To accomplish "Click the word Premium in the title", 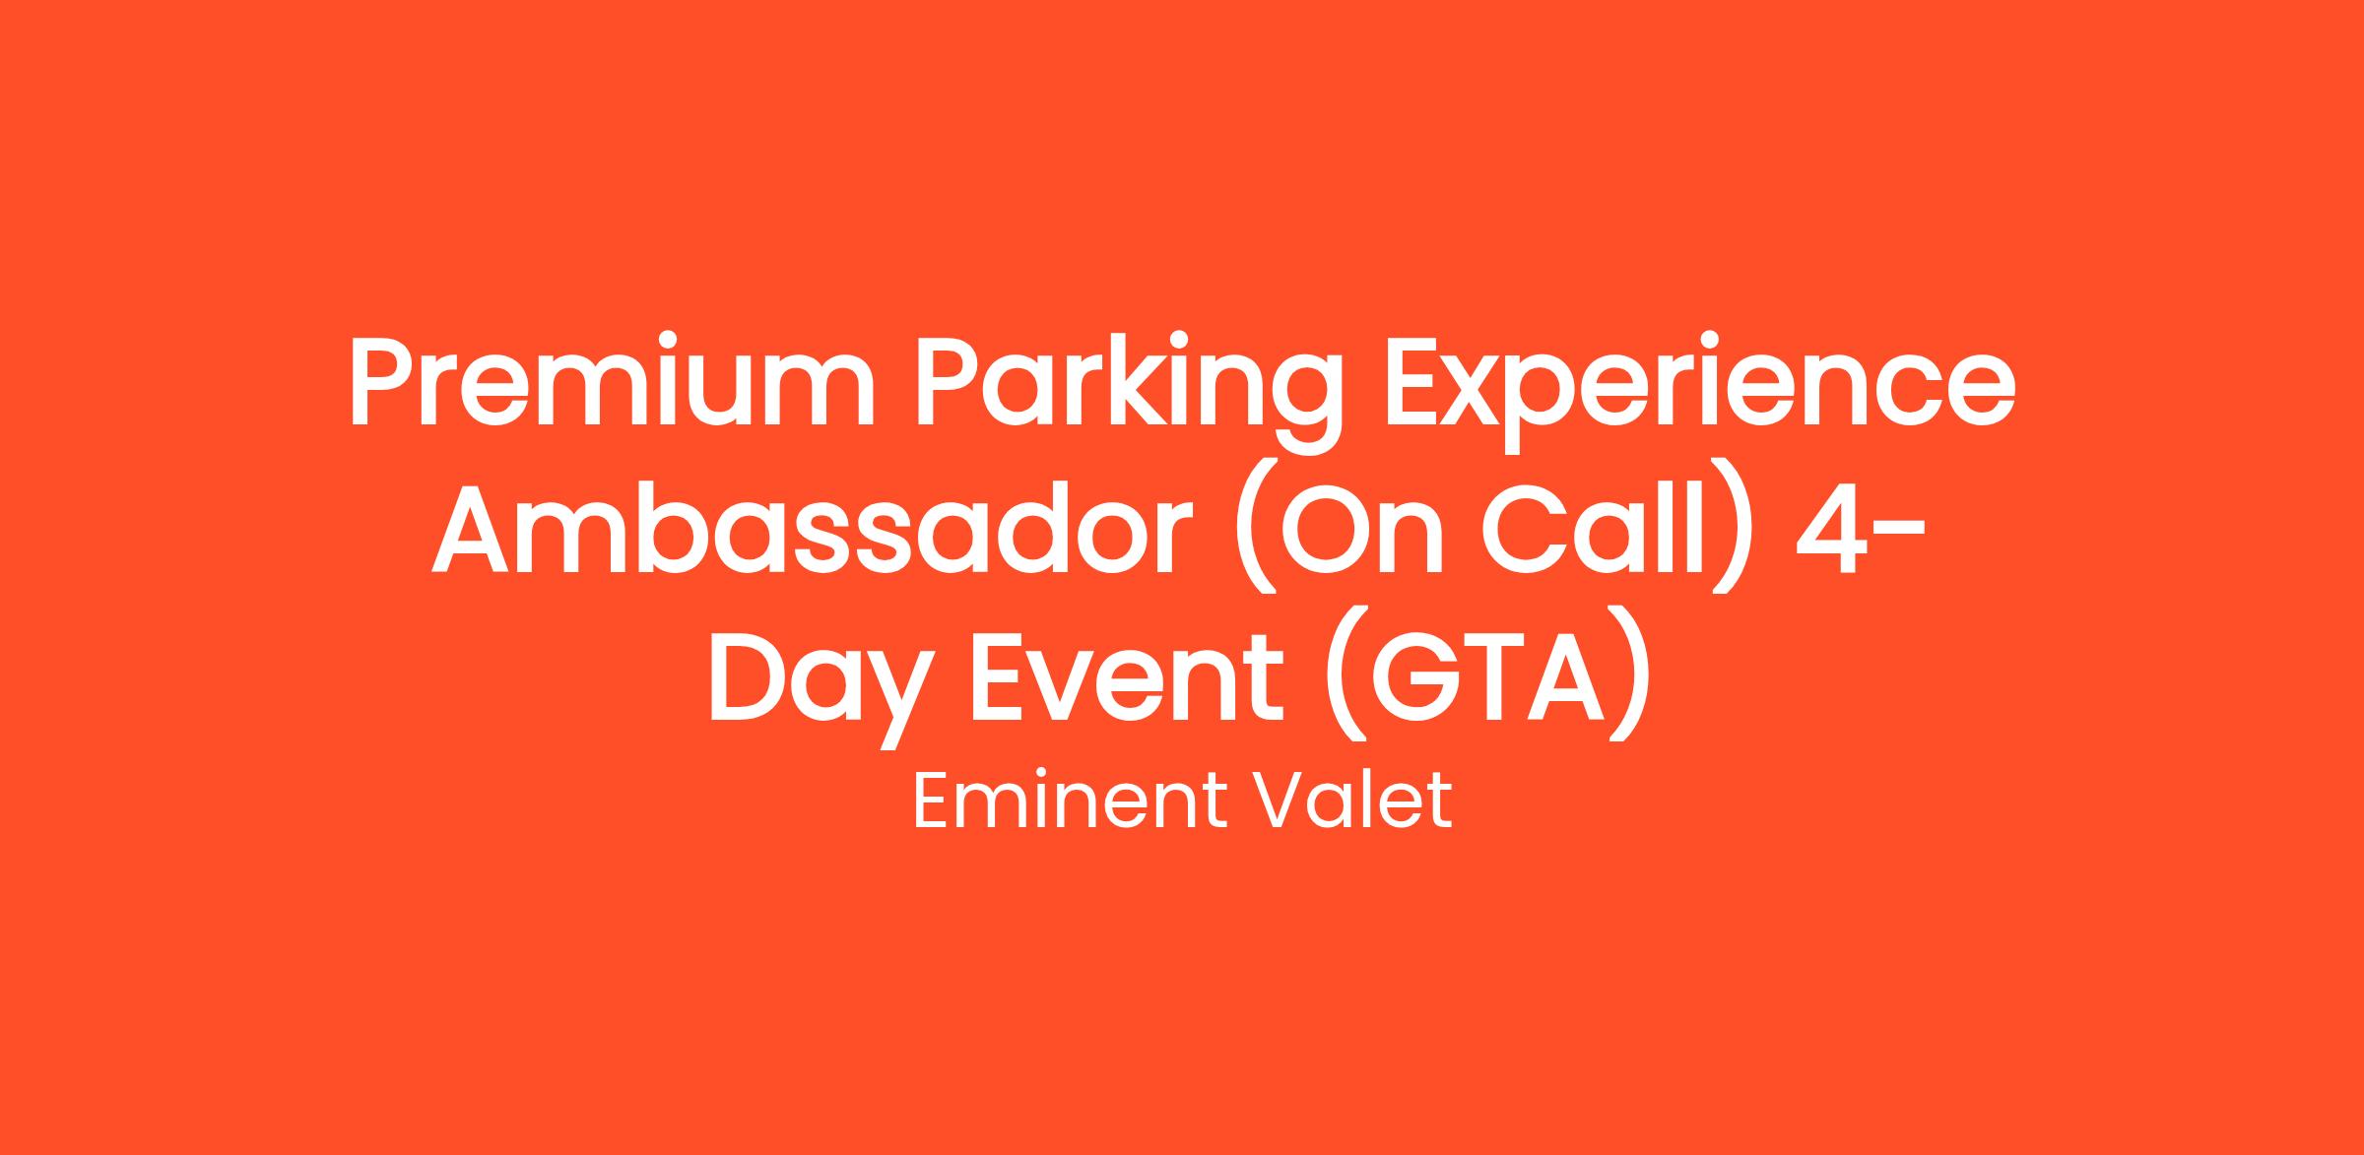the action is point(612,383).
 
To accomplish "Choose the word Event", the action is point(1128,675).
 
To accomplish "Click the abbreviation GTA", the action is point(1487,675).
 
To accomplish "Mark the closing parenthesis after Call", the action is point(1735,528).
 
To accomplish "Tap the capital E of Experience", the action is point(1417,383).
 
